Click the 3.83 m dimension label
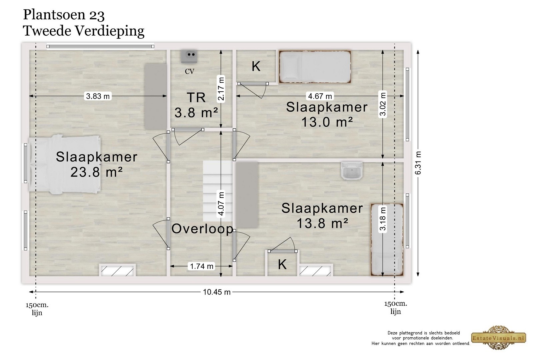[x=98, y=96]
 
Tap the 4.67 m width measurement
[x=320, y=96]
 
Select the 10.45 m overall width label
[x=216, y=292]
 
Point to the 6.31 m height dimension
[x=418, y=163]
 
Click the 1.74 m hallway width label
[x=202, y=266]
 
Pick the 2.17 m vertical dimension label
[x=221, y=89]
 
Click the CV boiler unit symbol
[x=189, y=57]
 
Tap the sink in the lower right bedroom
[x=352, y=171]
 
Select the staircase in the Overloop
[x=217, y=191]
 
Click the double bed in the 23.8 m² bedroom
[x=65, y=164]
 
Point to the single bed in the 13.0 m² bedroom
[x=315, y=67]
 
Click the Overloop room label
[x=202, y=229]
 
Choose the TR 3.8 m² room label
[x=196, y=105]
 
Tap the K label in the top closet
[x=256, y=67]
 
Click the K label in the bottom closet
[x=282, y=265]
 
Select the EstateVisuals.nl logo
[x=499, y=338]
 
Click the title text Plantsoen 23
[x=64, y=15]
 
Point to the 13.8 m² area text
[x=322, y=223]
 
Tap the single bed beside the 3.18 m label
[x=387, y=240]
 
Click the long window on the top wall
[x=100, y=46]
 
